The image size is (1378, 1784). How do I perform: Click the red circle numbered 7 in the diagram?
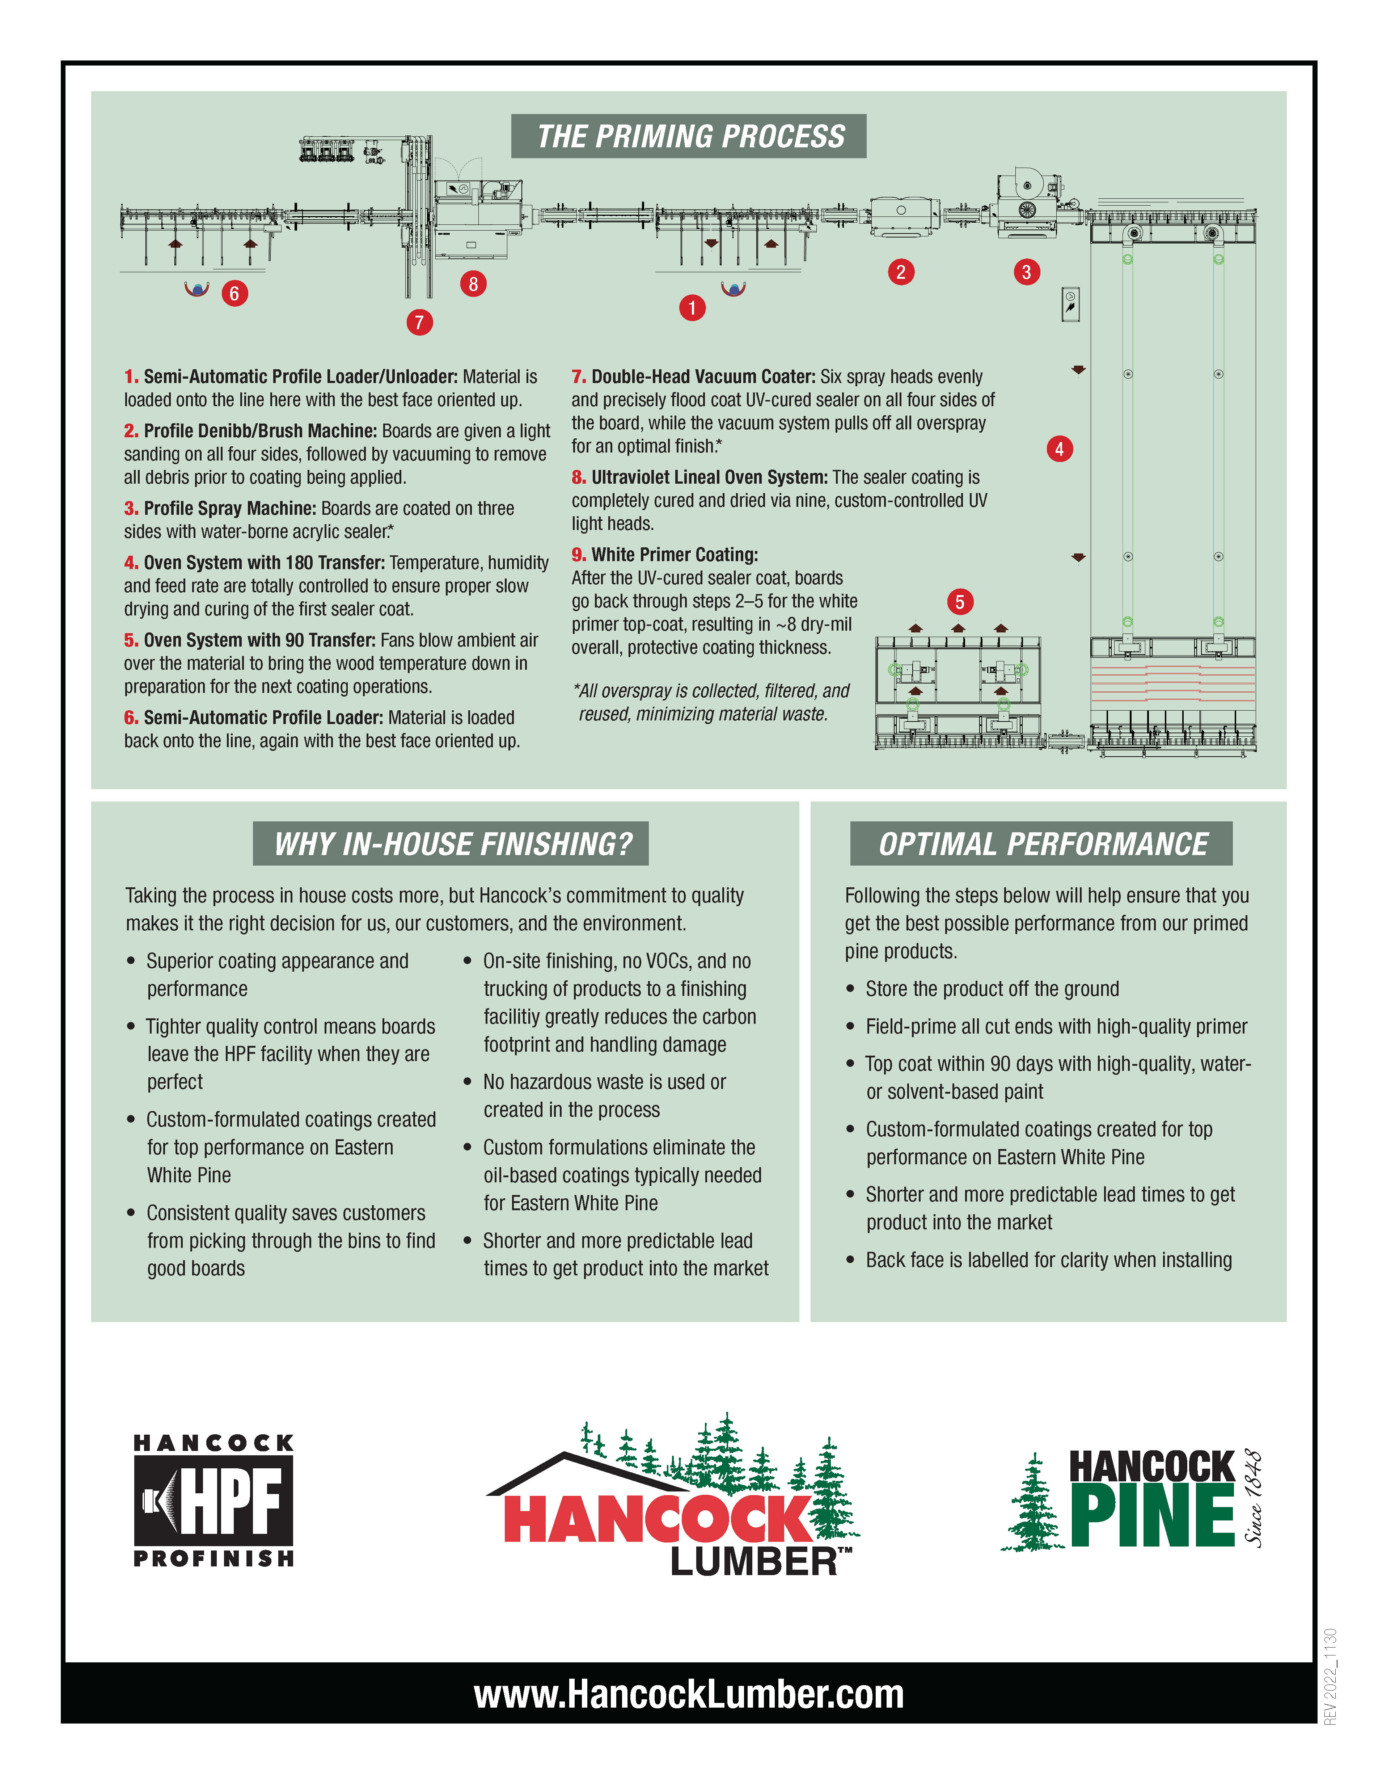(419, 322)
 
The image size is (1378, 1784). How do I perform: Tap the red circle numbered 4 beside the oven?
(1059, 449)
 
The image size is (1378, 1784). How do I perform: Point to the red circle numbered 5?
(959, 602)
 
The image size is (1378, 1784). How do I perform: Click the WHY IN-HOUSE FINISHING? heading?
(452, 844)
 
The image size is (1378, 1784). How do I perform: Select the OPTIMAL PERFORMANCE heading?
(1042, 844)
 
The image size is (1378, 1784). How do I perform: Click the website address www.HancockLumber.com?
(688, 1695)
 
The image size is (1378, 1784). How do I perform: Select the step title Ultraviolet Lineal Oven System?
(709, 477)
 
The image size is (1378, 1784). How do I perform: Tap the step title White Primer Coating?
(674, 555)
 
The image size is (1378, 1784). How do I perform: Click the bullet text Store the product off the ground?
(992, 988)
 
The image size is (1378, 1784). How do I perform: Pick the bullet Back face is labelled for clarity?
(1048, 1259)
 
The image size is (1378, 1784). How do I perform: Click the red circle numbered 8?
(473, 284)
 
